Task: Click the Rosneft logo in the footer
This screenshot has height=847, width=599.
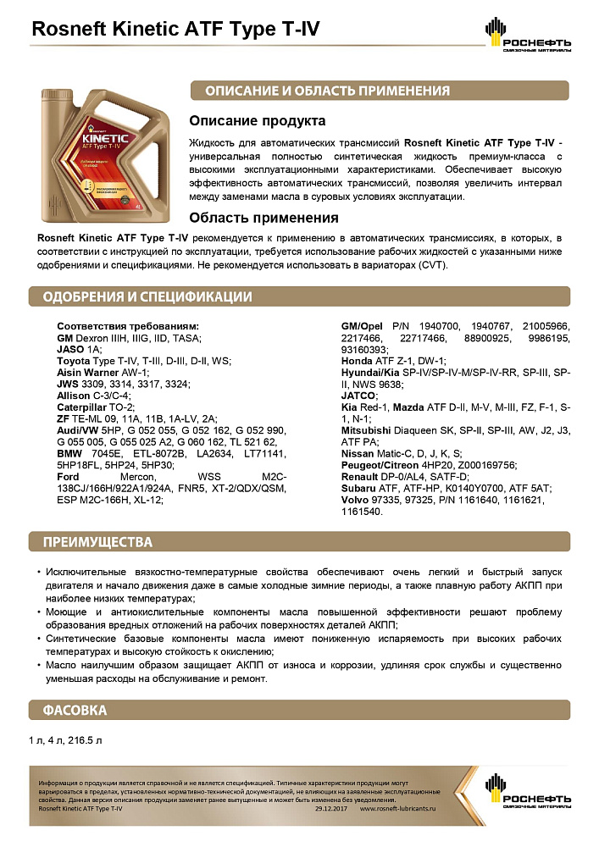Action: coord(528,796)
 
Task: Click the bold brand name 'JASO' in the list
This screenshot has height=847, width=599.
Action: coord(69,349)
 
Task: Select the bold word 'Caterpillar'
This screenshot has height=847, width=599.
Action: coord(84,407)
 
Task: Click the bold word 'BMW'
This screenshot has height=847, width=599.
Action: coord(69,454)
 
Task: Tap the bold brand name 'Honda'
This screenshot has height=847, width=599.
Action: coord(357,361)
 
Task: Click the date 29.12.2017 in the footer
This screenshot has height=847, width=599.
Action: coord(331,809)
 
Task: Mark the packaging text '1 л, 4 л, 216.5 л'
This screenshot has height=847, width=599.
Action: coord(66,740)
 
